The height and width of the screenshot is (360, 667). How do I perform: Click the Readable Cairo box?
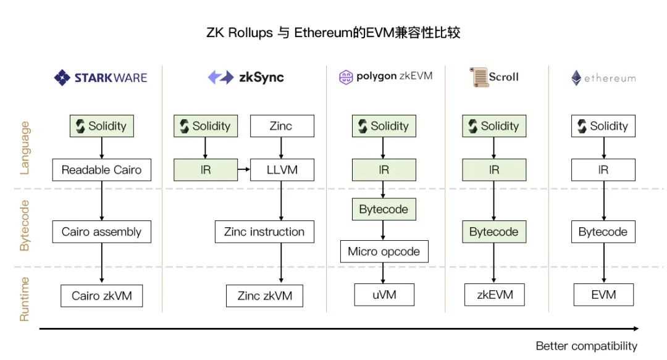point(101,170)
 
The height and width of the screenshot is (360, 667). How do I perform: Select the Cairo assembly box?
point(101,232)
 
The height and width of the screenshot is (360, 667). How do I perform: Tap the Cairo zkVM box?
point(101,296)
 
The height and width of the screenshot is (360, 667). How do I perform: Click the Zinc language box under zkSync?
point(281,126)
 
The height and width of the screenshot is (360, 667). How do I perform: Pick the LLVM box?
point(281,170)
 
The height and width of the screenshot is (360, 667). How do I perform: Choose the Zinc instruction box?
point(264,232)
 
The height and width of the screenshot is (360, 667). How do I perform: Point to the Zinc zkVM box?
point(264,296)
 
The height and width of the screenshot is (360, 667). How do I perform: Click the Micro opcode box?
point(384,251)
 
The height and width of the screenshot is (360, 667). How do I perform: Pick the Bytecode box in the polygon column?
point(384,209)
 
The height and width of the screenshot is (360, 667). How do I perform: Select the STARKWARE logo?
point(101,78)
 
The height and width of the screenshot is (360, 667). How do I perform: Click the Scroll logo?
point(493,77)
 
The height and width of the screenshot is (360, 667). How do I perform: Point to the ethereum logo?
point(603,78)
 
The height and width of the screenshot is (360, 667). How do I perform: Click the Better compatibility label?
point(585,346)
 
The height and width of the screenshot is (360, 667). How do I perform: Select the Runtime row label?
point(25,299)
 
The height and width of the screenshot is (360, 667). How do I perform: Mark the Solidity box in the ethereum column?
point(603,126)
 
